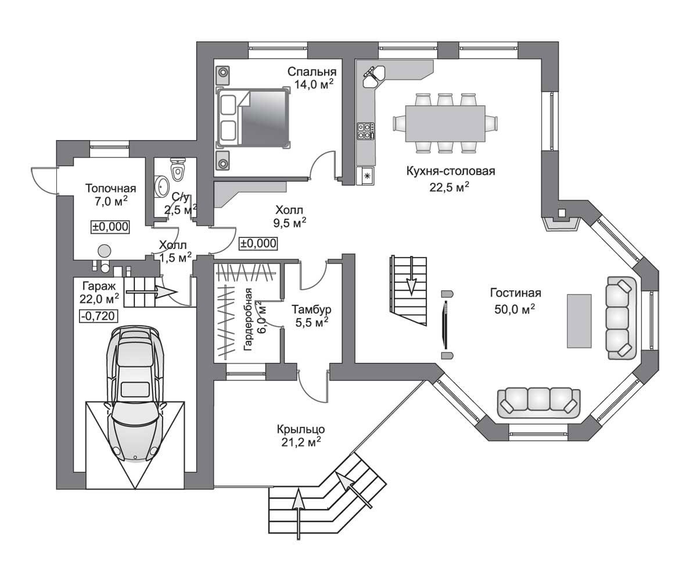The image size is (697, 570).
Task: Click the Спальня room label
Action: (312, 72)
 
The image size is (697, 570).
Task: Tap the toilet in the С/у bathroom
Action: (178, 169)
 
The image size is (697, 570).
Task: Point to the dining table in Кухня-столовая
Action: (445, 123)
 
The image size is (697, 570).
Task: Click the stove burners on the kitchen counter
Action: (365, 130)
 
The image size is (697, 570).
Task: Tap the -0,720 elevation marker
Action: (99, 316)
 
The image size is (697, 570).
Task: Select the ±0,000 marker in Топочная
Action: (110, 227)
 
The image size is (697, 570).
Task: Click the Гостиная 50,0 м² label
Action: (515, 301)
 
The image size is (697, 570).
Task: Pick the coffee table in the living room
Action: (579, 321)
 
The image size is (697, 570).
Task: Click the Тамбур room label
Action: (311, 309)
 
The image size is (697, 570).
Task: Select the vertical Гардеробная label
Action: (248, 319)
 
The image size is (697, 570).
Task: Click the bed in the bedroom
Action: (253, 117)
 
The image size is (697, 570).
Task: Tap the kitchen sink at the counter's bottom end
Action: (367, 176)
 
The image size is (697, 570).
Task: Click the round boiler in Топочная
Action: (105, 250)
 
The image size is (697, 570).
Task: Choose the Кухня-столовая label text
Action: (451, 171)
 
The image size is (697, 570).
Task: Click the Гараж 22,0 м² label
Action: (99, 292)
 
